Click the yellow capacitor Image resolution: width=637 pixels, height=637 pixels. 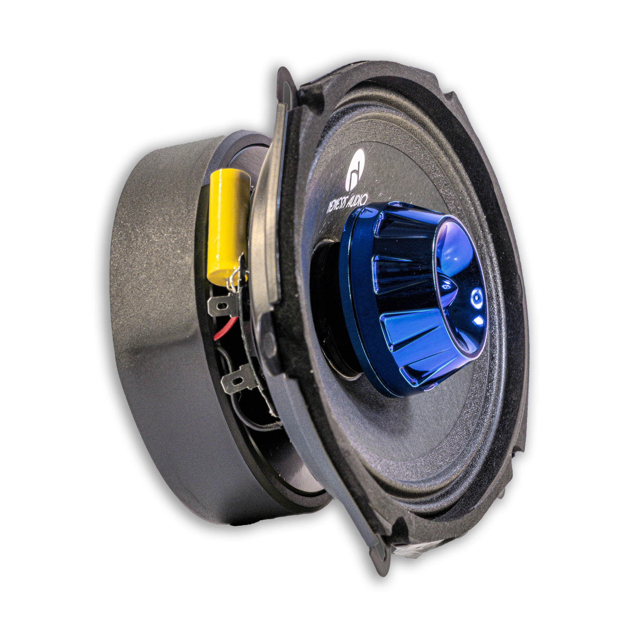click(x=227, y=224)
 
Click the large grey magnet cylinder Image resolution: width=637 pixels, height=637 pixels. click(x=158, y=330)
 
